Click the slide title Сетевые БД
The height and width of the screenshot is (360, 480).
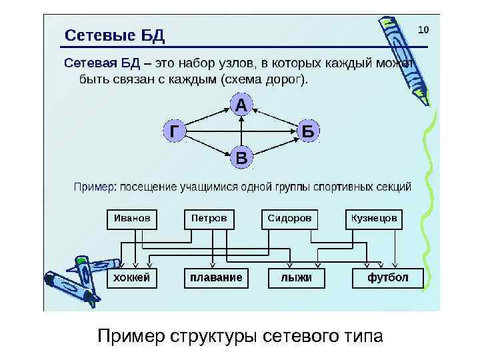[x=114, y=35]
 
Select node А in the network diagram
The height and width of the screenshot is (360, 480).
[x=241, y=105]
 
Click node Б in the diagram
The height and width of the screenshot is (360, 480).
[x=307, y=131]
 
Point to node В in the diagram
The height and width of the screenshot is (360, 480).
[x=241, y=158]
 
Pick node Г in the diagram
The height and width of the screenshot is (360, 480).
[x=173, y=131]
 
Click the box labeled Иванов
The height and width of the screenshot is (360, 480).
[x=132, y=219]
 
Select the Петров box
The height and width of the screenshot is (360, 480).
[x=209, y=219]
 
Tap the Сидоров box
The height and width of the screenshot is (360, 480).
[x=289, y=219]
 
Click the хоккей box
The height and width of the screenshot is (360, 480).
[x=132, y=277]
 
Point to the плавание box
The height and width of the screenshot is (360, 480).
[x=215, y=277]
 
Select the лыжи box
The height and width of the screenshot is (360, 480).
[x=296, y=277]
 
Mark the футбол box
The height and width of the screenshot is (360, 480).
[x=387, y=277]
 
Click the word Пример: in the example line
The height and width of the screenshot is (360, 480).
[x=93, y=187]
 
